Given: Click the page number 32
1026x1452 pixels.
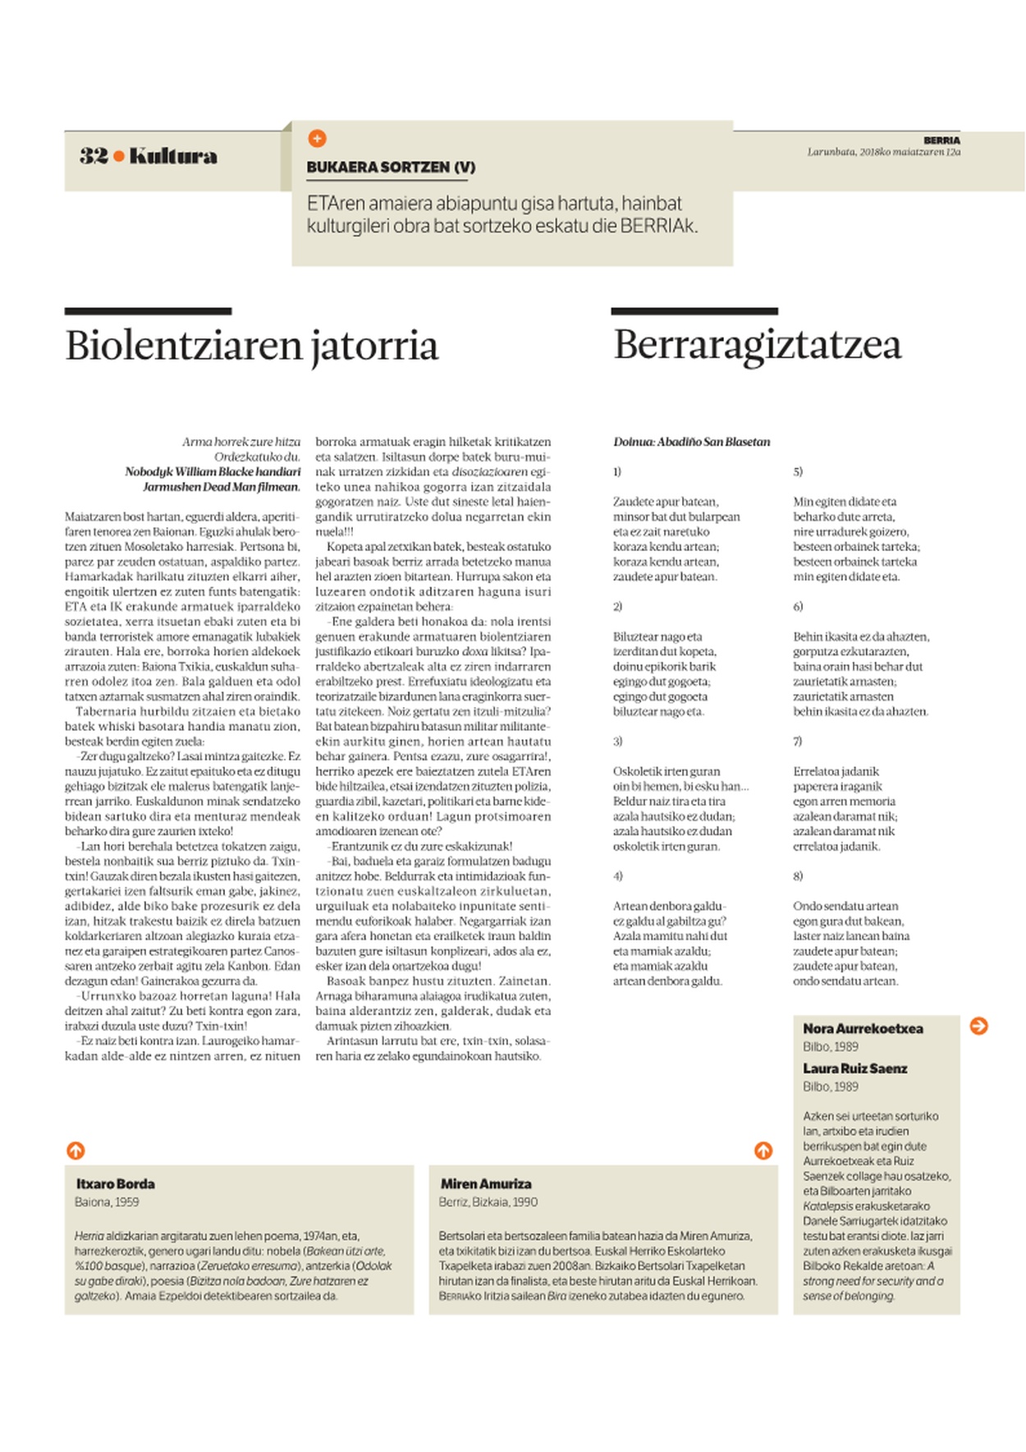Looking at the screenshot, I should (x=94, y=156).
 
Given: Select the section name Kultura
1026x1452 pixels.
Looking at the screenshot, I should (x=173, y=156).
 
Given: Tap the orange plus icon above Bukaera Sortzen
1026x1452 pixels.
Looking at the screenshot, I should (x=317, y=139).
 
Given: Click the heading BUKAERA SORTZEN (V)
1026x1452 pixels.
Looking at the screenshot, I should (x=391, y=168).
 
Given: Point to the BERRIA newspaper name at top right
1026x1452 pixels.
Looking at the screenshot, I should (x=941, y=140).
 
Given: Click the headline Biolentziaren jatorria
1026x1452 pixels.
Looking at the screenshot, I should (x=251, y=346).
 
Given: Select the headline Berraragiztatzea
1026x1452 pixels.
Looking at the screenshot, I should (x=757, y=345).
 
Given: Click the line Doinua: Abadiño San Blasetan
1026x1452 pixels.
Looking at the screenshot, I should (x=692, y=442).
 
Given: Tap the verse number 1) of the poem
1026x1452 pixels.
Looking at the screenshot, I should (x=617, y=472).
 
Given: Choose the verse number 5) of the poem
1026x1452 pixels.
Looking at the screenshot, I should (x=798, y=472).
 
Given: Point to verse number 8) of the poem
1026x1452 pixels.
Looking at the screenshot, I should (x=798, y=876).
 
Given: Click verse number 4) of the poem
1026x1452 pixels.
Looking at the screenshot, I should (x=618, y=876).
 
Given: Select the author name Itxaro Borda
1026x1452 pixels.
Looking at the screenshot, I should (x=116, y=1184).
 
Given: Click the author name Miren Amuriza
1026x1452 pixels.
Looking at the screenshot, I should (x=486, y=1184).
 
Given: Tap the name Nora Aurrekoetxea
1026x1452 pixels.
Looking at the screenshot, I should (x=863, y=1029).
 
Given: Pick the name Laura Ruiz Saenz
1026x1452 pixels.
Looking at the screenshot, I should (x=854, y=1069).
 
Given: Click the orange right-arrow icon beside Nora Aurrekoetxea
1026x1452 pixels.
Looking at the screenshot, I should (x=978, y=1026).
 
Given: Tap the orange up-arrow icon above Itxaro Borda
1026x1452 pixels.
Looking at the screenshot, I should (x=76, y=1151).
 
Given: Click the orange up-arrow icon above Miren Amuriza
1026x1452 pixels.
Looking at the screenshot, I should (x=763, y=1151).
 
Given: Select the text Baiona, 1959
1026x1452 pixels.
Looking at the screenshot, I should (x=107, y=1202).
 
